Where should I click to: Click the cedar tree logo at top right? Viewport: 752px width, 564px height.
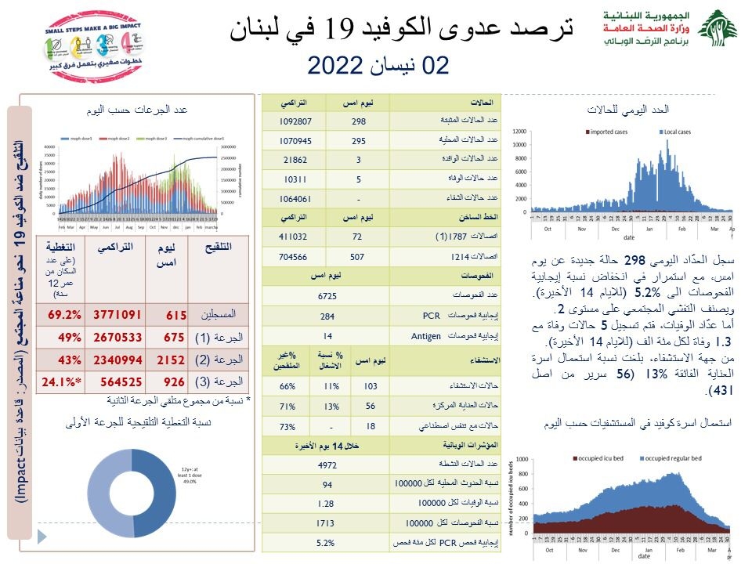[x=717, y=31]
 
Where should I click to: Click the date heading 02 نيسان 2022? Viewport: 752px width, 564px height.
[x=378, y=65]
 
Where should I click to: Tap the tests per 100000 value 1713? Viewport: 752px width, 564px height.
[x=327, y=522]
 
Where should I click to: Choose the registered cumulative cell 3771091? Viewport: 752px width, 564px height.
[x=117, y=315]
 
